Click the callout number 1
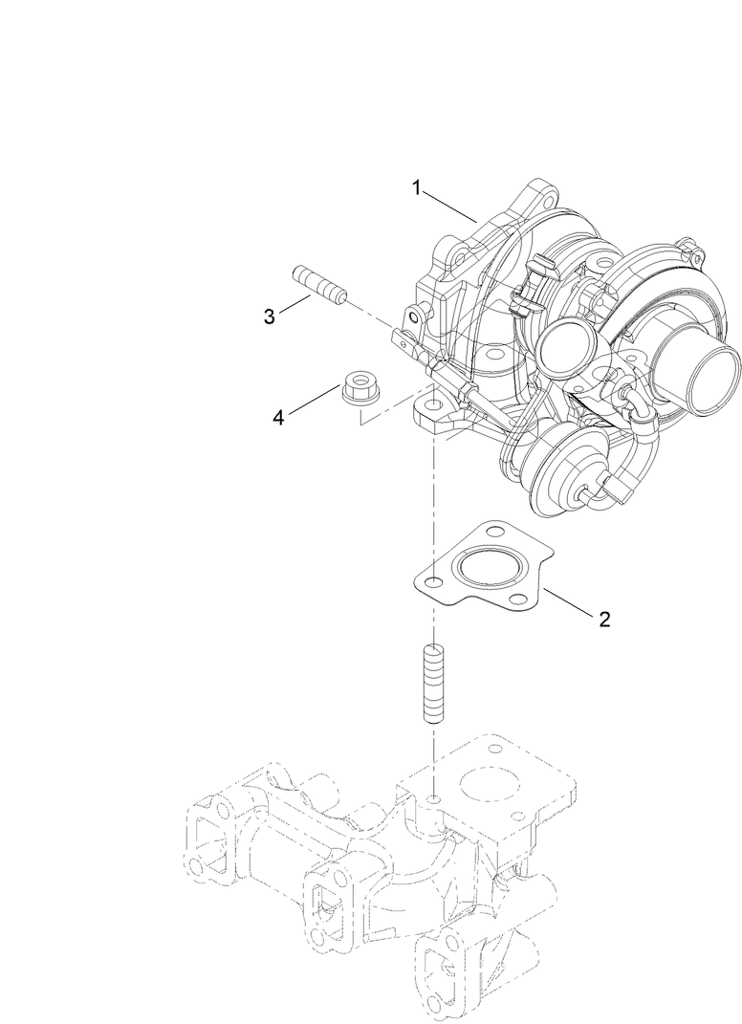[x=417, y=187]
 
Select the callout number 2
[x=603, y=619]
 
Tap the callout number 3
[x=270, y=316]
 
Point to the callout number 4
[x=278, y=417]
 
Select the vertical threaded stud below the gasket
[x=432, y=685]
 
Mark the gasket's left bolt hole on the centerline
[x=434, y=582]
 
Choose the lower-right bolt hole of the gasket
[x=519, y=601]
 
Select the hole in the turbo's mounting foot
[x=434, y=408]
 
